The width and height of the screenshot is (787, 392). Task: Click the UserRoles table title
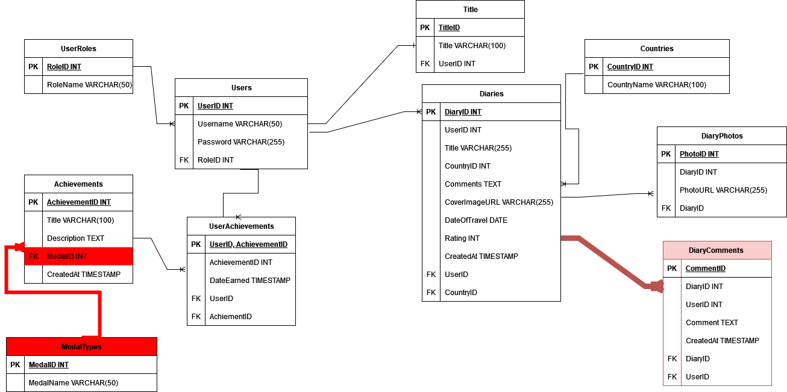(x=78, y=48)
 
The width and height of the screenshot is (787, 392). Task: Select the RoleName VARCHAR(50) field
(x=89, y=84)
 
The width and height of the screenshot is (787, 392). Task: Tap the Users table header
(x=242, y=88)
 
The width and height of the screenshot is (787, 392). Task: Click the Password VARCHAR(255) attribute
(x=241, y=142)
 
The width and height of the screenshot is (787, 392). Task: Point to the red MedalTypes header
(x=81, y=346)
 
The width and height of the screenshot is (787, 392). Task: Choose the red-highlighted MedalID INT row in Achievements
(x=79, y=256)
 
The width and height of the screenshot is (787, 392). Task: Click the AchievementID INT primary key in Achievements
(x=79, y=202)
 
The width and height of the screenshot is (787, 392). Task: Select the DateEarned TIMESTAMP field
(x=250, y=281)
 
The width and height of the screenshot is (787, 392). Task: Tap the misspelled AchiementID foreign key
(x=230, y=317)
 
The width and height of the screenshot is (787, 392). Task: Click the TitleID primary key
(x=449, y=27)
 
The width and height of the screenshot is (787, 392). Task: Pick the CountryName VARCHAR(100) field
(x=657, y=84)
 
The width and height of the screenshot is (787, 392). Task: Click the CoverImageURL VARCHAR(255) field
(x=499, y=202)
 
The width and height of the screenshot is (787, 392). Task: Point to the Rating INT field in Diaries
(x=462, y=238)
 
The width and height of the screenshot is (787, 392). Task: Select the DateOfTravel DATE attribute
(x=475, y=220)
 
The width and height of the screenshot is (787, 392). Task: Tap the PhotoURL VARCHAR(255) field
(x=723, y=190)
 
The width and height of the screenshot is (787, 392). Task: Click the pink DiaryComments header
(x=718, y=250)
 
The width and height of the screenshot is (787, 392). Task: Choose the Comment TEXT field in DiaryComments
(x=712, y=323)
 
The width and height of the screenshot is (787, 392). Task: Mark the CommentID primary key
(x=706, y=269)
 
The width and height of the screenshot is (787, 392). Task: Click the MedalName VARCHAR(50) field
(x=74, y=383)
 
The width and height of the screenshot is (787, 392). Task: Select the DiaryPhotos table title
(x=722, y=136)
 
